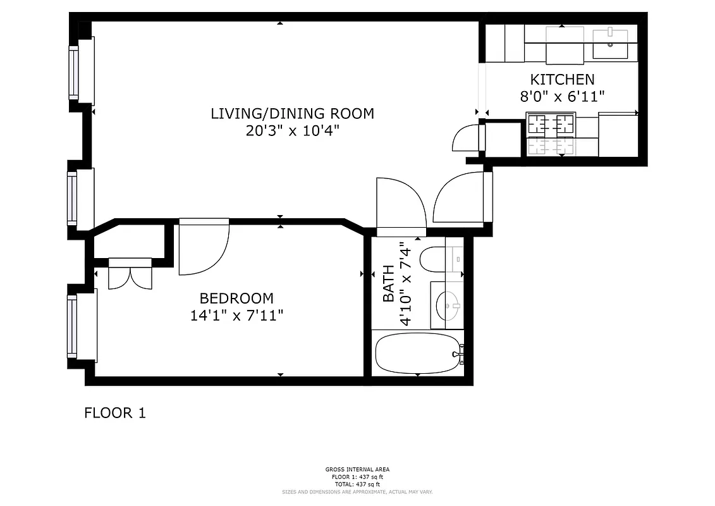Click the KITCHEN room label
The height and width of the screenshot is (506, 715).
click(x=561, y=80)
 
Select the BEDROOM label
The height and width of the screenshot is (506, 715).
click(x=236, y=298)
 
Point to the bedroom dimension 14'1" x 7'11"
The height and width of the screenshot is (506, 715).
click(x=236, y=315)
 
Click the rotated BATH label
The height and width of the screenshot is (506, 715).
click(x=388, y=283)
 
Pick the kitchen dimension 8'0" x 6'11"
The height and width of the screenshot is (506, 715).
click(x=561, y=97)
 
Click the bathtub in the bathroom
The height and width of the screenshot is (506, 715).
click(x=417, y=354)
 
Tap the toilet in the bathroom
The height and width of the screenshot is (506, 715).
click(x=434, y=259)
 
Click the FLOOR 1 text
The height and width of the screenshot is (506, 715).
click(x=115, y=413)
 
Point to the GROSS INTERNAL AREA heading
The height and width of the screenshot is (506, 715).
click(x=357, y=469)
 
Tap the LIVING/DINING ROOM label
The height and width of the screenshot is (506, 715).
click(x=292, y=114)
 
